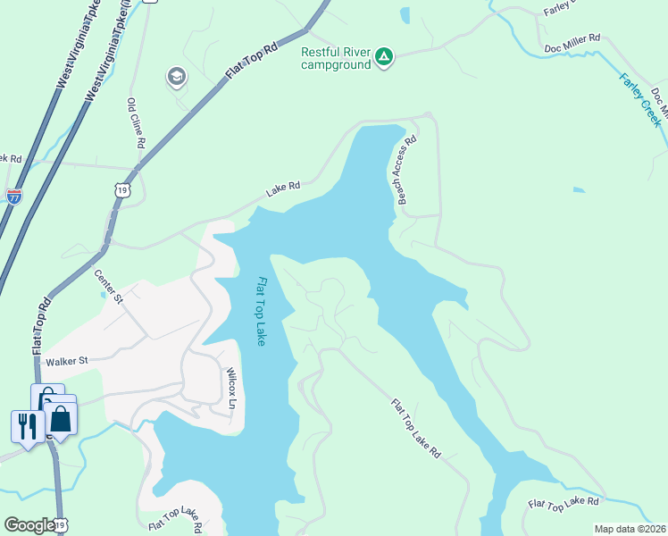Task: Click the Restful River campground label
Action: [336, 58]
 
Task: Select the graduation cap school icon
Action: [177, 78]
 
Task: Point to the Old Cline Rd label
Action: [136, 123]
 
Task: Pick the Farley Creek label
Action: [642, 99]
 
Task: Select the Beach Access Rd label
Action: [405, 170]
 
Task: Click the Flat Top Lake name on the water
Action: [262, 312]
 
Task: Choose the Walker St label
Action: [69, 361]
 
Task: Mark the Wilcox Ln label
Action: [230, 387]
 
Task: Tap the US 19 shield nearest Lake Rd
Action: [123, 189]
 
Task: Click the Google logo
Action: [29, 525]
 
